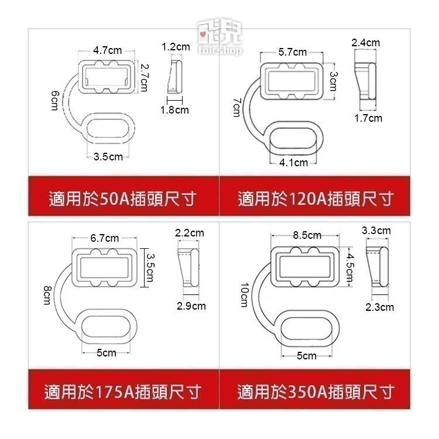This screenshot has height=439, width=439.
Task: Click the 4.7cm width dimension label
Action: [x=107, y=50]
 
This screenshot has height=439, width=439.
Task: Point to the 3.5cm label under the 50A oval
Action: [x=108, y=156]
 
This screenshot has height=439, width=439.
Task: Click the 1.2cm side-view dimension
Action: [x=176, y=46]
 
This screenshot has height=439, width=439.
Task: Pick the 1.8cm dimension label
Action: [x=175, y=109]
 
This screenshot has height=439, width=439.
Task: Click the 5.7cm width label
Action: [x=292, y=52]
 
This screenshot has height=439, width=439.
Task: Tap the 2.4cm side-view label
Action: [x=365, y=43]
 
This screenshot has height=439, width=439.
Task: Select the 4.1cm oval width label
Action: [x=293, y=163]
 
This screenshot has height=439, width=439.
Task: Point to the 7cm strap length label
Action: [x=237, y=107]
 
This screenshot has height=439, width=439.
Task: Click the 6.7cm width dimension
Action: [x=105, y=238]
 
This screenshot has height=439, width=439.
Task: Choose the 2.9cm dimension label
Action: [x=191, y=306]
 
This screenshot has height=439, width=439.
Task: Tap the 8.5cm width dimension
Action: [x=307, y=235]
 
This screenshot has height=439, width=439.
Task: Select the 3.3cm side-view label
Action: [x=376, y=231]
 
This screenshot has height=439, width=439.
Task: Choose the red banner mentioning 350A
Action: [x=315, y=391]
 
